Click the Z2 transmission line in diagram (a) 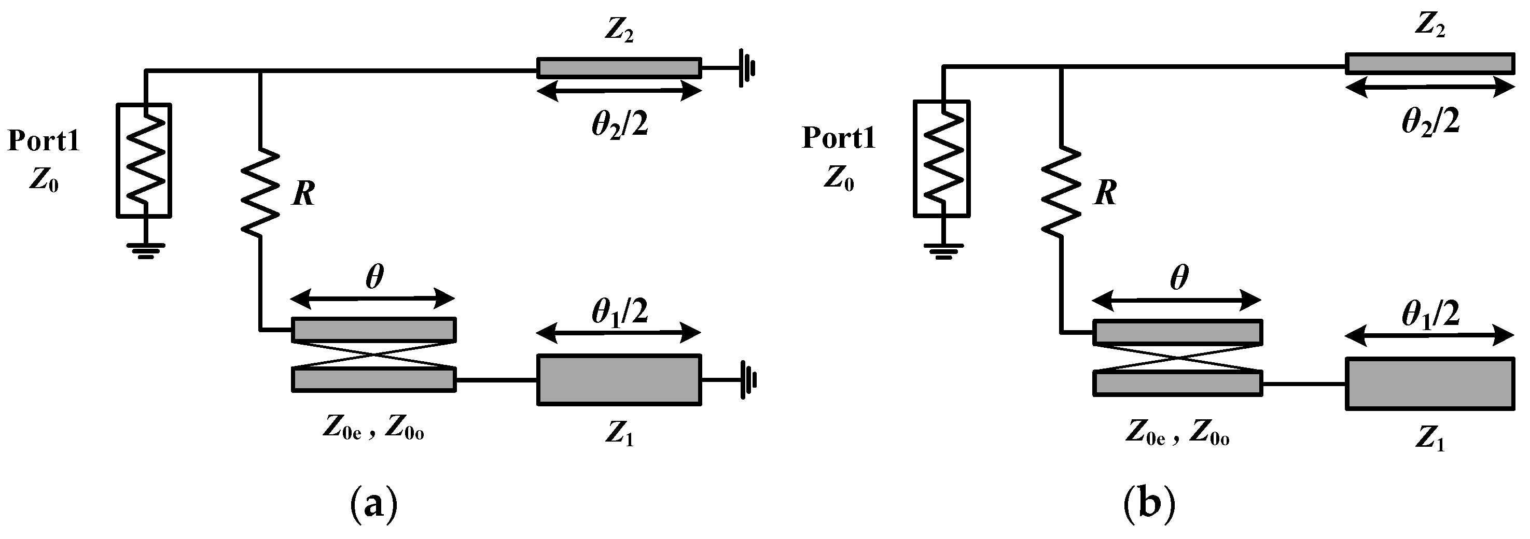point(619,68)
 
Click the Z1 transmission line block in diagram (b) point(1429,384)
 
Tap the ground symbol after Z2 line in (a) point(747,68)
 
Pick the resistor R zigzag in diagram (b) point(1061,190)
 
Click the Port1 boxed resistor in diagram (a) point(144,160)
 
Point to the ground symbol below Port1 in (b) point(942,250)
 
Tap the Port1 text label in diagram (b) point(839,138)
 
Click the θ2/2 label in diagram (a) point(619,125)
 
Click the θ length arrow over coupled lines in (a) point(373,299)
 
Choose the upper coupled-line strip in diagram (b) point(1177,332)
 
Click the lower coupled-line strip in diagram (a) point(373,379)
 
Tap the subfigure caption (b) point(1149,503)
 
